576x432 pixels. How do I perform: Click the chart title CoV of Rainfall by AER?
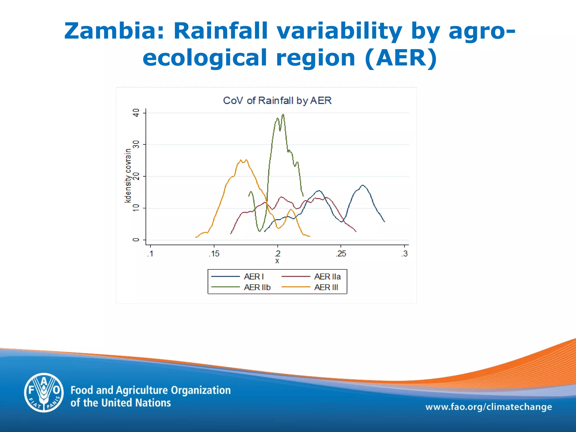click(x=277, y=100)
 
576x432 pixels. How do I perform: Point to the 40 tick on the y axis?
click(x=136, y=113)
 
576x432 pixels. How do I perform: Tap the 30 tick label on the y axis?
click(x=136, y=145)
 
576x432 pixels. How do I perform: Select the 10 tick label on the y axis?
click(x=136, y=208)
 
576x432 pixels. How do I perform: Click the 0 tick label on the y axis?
click(x=136, y=240)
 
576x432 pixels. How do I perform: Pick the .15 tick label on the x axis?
click(x=214, y=254)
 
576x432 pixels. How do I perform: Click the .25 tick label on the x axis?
click(x=341, y=254)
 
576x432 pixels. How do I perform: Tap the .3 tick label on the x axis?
click(x=404, y=254)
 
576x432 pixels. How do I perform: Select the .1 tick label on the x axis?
click(x=150, y=254)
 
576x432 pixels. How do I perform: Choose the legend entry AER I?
click(x=253, y=277)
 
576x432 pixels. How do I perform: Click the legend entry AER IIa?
click(x=327, y=277)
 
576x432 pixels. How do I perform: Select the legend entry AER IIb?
click(x=257, y=287)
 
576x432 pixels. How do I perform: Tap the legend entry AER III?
click(x=326, y=287)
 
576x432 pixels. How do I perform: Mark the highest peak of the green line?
click(x=283, y=114)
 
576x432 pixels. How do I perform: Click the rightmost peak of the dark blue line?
click(x=363, y=185)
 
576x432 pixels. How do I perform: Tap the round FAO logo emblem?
click(x=44, y=393)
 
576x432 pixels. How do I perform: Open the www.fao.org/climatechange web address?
click(x=489, y=407)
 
